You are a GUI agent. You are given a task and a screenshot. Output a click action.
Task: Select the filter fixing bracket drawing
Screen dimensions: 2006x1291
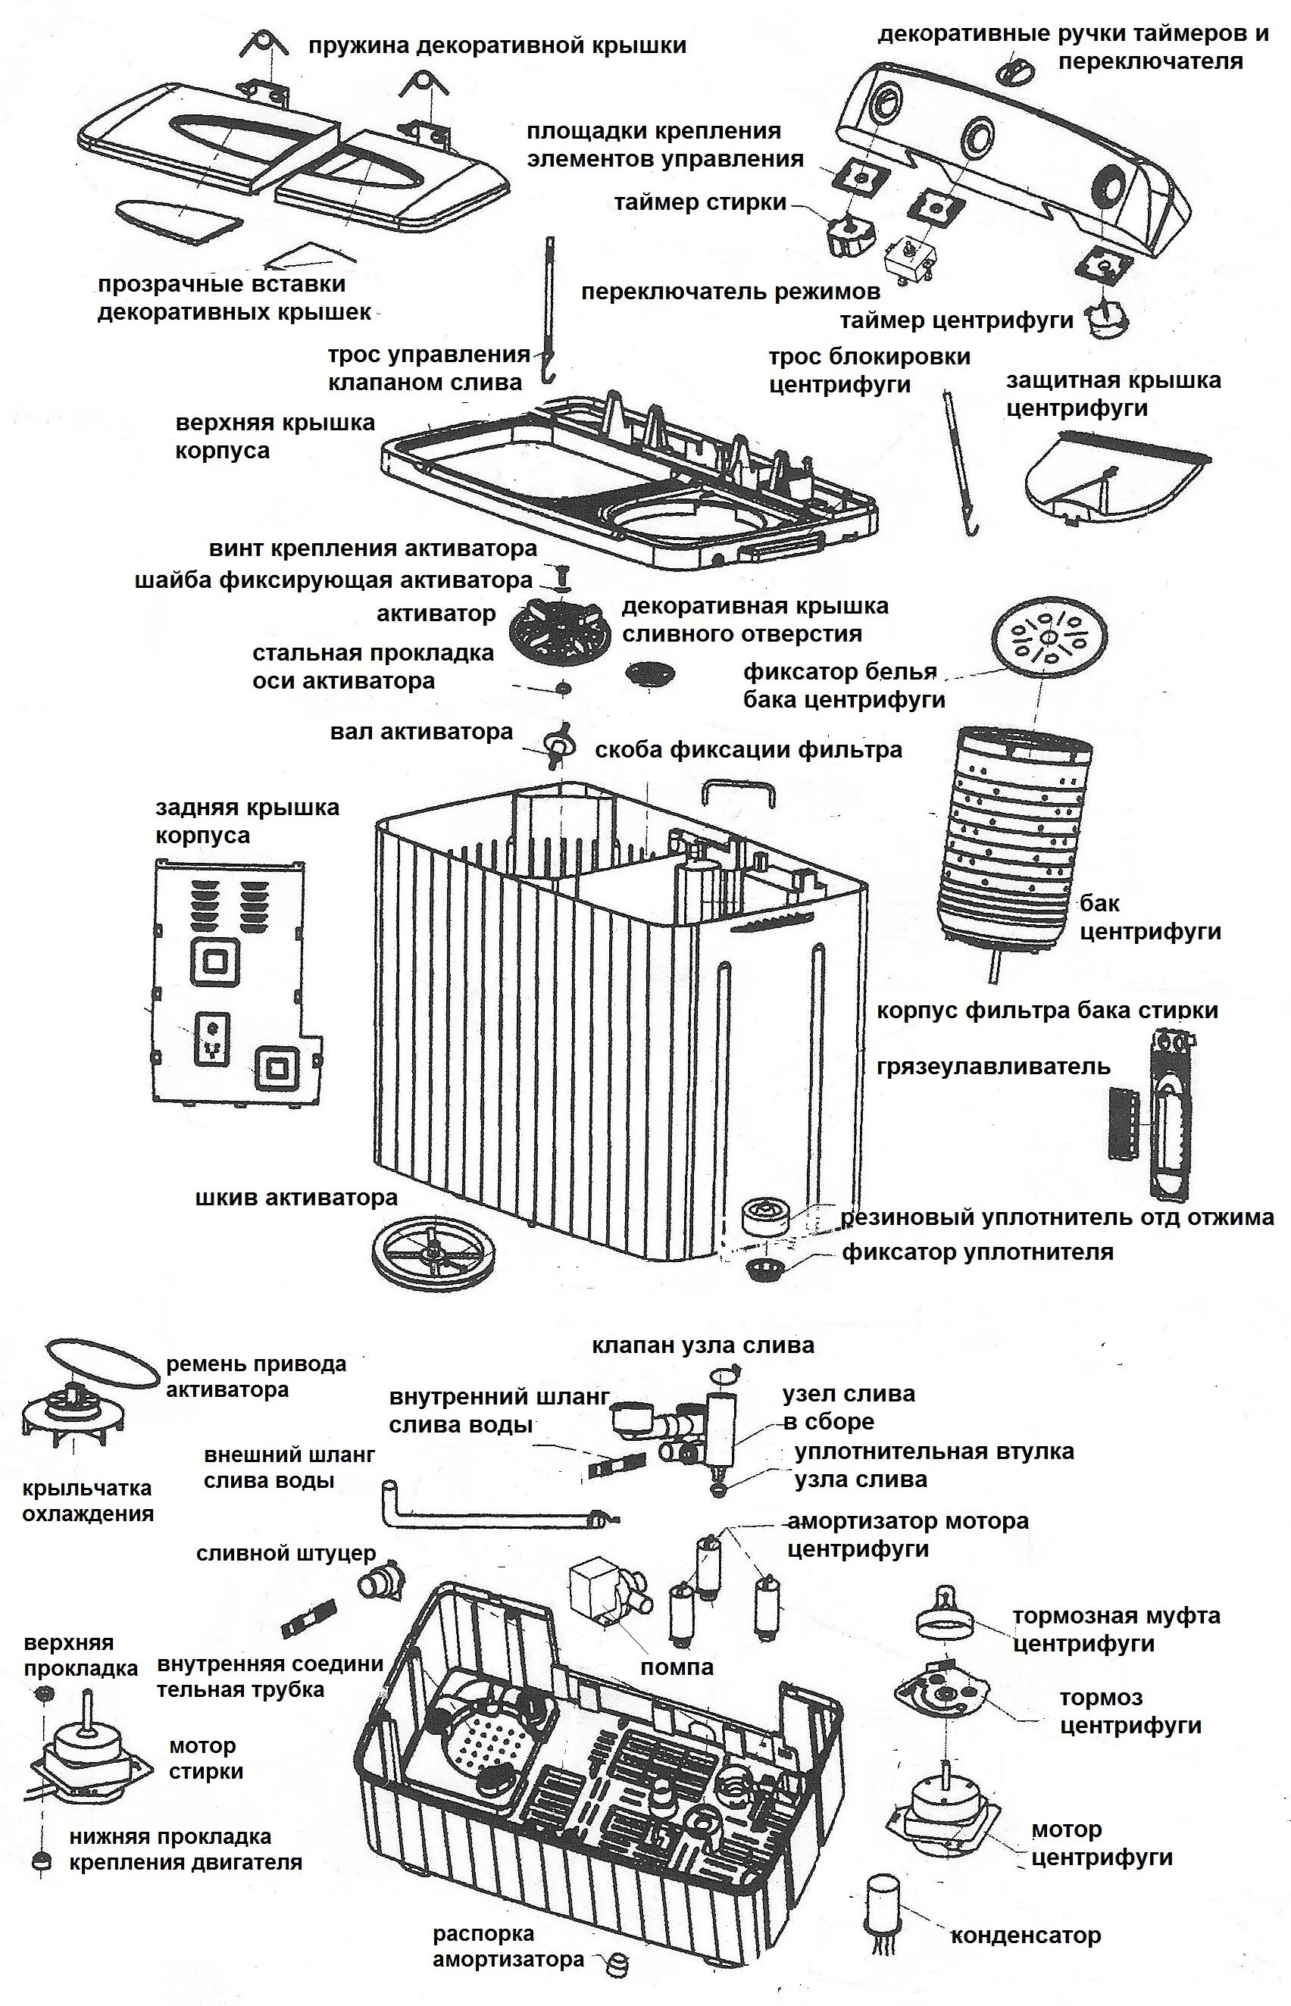pos(739,793)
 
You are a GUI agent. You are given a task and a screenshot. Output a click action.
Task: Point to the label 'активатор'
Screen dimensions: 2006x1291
pos(436,614)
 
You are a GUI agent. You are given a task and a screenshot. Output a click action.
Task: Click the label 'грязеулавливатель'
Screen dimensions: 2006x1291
pos(993,1067)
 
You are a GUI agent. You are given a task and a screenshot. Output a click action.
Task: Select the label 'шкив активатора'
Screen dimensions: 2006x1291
pos(296,1197)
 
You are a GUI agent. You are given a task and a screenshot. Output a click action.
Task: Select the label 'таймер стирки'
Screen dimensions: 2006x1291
pos(700,202)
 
